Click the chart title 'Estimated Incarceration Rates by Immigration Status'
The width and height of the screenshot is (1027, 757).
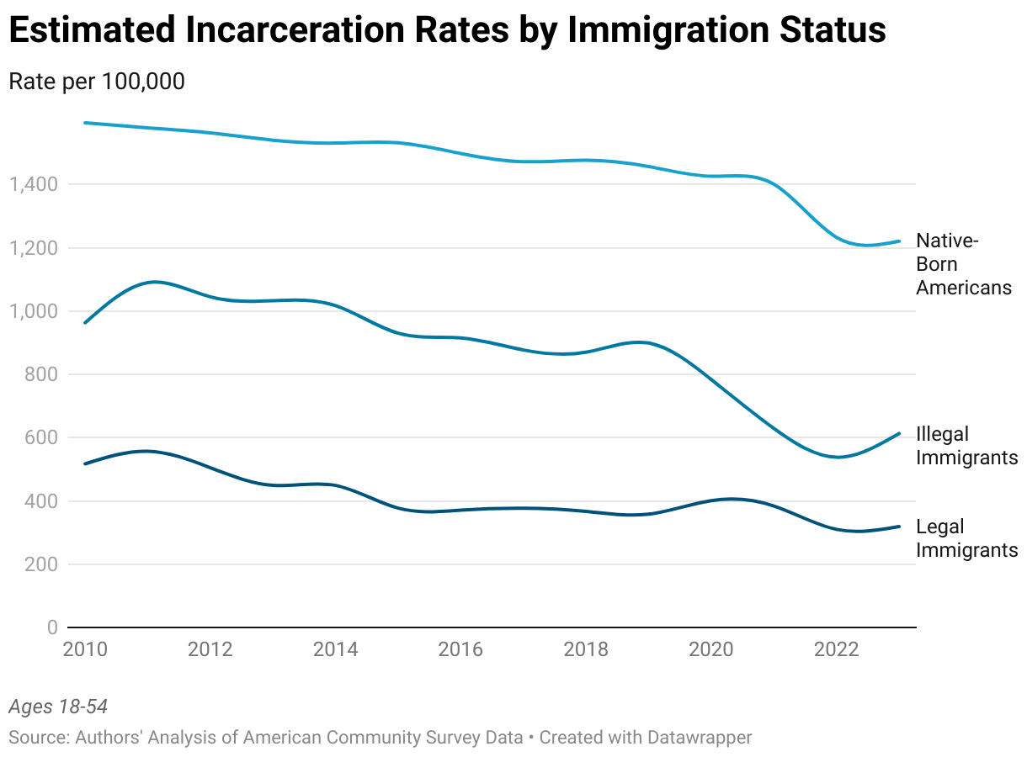pos(447,31)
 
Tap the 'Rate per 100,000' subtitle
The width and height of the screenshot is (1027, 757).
pos(97,82)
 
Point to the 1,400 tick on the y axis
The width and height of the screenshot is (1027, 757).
pos(33,184)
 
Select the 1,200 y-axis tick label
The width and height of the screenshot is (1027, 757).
pos(33,248)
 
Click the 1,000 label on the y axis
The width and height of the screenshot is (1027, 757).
pos(33,311)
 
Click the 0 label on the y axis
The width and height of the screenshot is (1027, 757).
pos(51,627)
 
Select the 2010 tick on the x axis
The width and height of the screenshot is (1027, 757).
pos(85,649)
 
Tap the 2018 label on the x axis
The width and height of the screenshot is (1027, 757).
pos(586,649)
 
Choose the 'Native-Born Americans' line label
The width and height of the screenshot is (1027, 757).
pos(963,264)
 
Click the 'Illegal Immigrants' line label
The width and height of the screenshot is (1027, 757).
pos(966,446)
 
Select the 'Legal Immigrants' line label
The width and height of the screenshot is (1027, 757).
pos(966,538)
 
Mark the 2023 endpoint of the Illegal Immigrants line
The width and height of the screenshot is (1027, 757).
pos(899,434)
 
